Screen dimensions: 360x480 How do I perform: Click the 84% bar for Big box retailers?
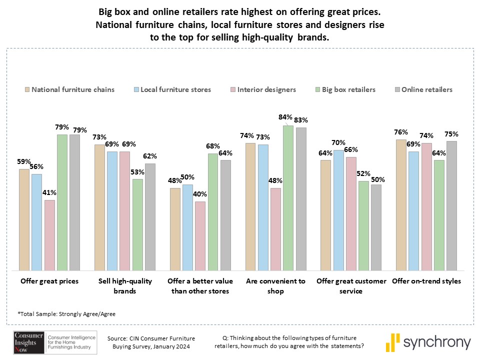[x=287, y=197]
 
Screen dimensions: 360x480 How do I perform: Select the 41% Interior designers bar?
[x=50, y=235]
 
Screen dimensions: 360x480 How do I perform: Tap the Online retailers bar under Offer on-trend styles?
[x=451, y=205]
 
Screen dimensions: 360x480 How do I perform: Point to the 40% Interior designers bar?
[x=200, y=235]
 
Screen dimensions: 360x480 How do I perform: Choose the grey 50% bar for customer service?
[x=377, y=227]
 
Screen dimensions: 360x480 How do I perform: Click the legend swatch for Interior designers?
[x=233, y=90]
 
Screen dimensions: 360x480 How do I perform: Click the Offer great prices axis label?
[x=49, y=281]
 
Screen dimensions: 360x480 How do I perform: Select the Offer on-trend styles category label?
[x=426, y=281]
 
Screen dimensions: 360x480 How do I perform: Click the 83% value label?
[x=301, y=120]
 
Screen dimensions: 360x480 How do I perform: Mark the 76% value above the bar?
[x=401, y=132]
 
